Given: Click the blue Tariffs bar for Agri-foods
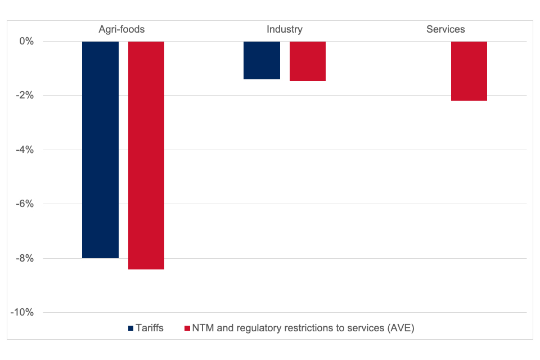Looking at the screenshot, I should click(x=100, y=150).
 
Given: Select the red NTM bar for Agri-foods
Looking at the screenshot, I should click(x=146, y=155).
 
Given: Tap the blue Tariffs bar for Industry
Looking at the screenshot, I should click(x=262, y=60).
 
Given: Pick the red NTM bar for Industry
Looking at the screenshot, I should click(x=308, y=61).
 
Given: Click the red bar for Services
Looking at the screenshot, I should click(x=469, y=71).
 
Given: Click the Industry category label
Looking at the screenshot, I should click(x=284, y=29).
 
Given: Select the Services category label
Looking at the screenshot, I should click(x=445, y=29).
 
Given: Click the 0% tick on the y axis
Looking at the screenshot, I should click(x=26, y=42).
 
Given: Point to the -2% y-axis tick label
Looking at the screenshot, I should click(x=25, y=96).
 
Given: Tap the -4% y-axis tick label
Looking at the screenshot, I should click(x=25, y=150).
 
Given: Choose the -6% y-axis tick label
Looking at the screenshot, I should click(x=25, y=204).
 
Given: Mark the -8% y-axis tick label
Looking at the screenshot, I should click(x=25, y=259).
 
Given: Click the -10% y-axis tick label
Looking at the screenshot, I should click(x=22, y=313).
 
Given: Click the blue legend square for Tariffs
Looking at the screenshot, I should click(x=131, y=328).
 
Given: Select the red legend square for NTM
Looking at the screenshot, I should click(x=187, y=328).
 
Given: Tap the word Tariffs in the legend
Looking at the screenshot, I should click(x=150, y=328).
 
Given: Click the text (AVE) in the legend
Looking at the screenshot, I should click(x=401, y=328).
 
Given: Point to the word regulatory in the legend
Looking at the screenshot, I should click(x=253, y=328).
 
